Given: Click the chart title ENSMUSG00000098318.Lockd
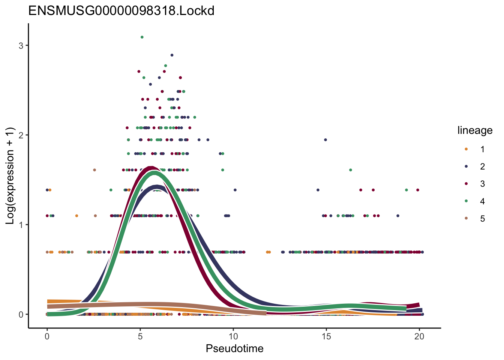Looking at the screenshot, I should coord(121,10).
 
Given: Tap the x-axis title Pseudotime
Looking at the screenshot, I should coord(234,349).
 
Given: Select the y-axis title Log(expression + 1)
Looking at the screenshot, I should coord(10,176).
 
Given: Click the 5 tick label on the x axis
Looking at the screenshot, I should coord(140,337).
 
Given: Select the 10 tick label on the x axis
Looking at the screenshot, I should coord(233,337).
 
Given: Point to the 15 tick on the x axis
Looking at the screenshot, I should coord(326,337).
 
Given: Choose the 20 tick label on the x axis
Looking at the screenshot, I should coord(419,337).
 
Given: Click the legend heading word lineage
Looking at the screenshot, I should coord(475,130).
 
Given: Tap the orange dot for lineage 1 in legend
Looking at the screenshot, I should coord(466,149).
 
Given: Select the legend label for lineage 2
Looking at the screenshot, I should coord(482,166).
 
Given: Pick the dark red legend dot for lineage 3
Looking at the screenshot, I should coord(466,184).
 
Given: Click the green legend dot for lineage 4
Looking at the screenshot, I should coord(466,201).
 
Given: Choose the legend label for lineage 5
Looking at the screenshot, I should coord(482,219).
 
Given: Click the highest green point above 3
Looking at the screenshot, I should coord(142,37).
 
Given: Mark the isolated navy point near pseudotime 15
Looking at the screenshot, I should coord(325,140).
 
